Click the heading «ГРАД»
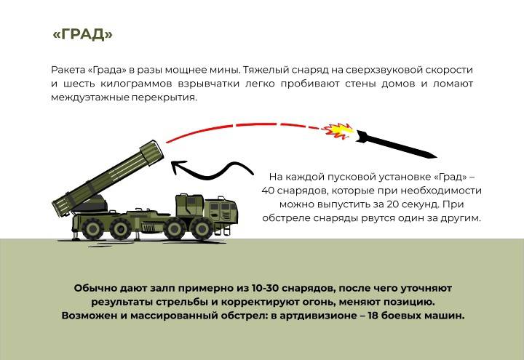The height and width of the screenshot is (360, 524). (x=82, y=35)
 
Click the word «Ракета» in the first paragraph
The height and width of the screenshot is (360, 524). (x=68, y=70)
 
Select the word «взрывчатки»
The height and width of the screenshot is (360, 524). (x=208, y=84)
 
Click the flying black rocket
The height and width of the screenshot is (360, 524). (x=396, y=144)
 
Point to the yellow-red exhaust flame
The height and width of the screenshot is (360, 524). (x=338, y=130)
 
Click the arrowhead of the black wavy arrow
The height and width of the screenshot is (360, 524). (x=179, y=167)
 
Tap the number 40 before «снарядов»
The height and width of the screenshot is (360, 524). (x=268, y=191)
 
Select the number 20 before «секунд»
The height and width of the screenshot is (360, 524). (x=393, y=204)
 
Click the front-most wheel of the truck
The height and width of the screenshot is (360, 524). (x=202, y=229)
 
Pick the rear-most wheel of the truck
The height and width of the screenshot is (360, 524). (x=92, y=229)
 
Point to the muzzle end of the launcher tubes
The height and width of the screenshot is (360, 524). (x=152, y=153)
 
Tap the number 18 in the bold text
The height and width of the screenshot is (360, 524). (x=373, y=315)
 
